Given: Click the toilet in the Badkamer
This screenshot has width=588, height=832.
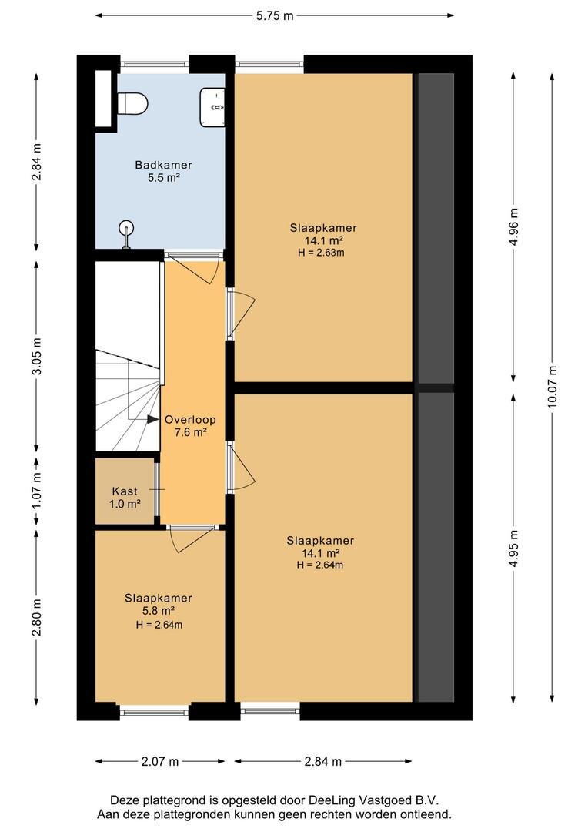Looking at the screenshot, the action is tap(132, 103).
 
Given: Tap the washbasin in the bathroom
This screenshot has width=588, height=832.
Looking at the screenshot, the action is tap(212, 107).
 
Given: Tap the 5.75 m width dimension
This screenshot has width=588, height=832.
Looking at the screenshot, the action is tap(275, 15).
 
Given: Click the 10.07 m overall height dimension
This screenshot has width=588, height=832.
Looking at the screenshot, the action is tap(553, 387).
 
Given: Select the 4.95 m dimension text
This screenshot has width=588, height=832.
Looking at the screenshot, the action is tap(513, 549).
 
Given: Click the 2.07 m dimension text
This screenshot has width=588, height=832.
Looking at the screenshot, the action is tap(160, 761).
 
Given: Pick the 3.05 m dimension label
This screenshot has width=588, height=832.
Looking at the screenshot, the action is tap(37, 356).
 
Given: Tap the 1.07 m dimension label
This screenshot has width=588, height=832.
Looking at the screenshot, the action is tap(37, 491).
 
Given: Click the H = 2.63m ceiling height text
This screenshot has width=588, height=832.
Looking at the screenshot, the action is tap(321, 253).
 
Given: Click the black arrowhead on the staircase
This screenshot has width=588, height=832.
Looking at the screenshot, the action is tap(152, 419).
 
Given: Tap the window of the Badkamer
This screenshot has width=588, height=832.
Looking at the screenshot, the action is tap(154, 64).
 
